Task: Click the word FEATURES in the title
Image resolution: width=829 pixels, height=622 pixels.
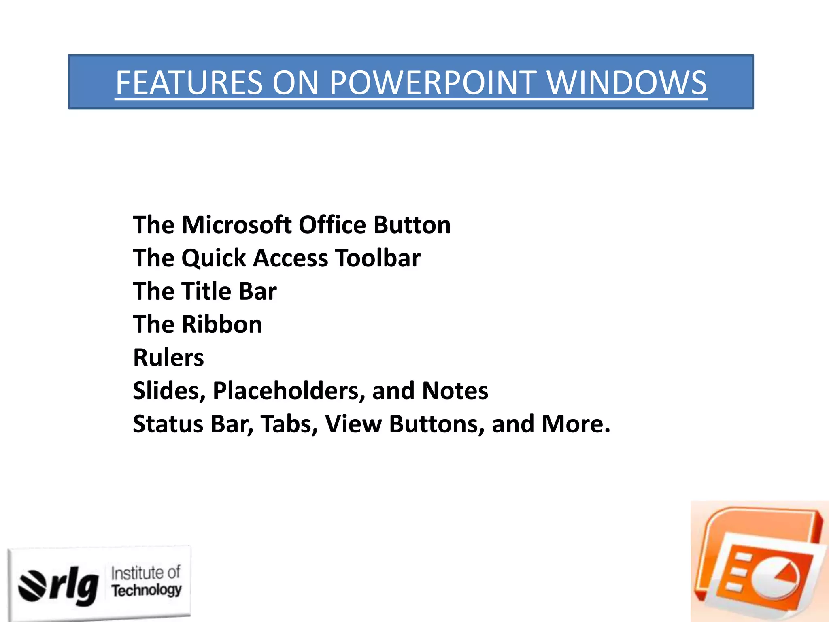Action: pyautogui.click(x=189, y=83)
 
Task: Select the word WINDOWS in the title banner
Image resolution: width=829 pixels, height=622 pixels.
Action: pyautogui.click(x=627, y=83)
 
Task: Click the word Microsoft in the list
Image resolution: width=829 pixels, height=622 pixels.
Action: pyautogui.click(x=236, y=225)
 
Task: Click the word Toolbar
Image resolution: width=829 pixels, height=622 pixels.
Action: pyautogui.click(x=378, y=258)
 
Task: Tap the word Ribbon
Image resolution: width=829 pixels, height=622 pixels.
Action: pyautogui.click(x=222, y=324)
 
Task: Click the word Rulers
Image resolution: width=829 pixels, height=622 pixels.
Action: pyautogui.click(x=168, y=358)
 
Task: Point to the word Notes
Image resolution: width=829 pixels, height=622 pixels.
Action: pyautogui.click(x=455, y=391)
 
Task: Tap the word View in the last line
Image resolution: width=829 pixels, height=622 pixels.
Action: pyautogui.click(x=353, y=424)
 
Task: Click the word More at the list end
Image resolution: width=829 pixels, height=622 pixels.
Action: pyautogui.click(x=575, y=424)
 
